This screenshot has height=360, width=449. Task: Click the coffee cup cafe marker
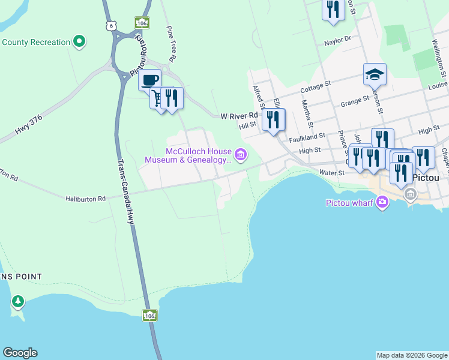149,79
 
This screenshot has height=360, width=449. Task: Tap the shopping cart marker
158,98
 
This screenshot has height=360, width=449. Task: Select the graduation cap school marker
375,74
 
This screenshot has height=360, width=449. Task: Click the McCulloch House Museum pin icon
241,155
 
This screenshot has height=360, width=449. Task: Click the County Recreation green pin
79,42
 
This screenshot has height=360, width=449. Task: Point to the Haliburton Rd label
85,198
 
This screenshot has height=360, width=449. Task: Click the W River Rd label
239,115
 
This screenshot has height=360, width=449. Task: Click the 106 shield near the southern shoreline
149,315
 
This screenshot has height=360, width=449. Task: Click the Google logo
20,353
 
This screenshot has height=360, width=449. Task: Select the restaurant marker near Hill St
273,119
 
